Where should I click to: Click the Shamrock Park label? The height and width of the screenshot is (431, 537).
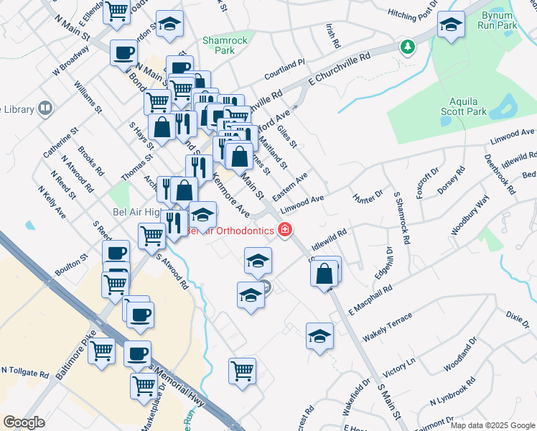tap(219, 46)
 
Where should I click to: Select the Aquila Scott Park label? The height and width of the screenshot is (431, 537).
tap(467, 106)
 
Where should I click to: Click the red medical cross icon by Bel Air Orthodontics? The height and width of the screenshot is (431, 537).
tap(285, 230)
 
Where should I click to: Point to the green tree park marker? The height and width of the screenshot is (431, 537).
tap(408, 47)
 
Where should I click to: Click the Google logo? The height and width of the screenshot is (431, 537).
tap(24, 422)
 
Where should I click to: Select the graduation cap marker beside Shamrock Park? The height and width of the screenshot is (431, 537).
tap(169, 24)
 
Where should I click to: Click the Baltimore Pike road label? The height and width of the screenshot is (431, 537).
tap(76, 362)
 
